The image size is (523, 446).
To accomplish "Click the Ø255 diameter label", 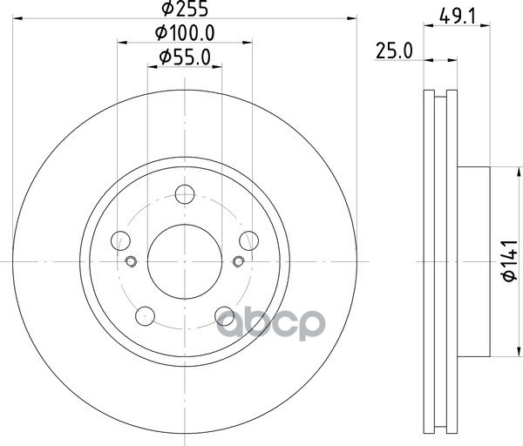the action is pyautogui.click(x=185, y=9).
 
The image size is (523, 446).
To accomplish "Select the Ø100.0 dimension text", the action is pyautogui.click(x=185, y=33).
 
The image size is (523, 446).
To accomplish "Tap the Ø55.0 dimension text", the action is pyautogui.click(x=185, y=57).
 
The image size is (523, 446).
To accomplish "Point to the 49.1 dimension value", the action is pyautogui.click(x=457, y=16).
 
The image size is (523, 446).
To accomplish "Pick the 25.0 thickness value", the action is pyautogui.click(x=394, y=51).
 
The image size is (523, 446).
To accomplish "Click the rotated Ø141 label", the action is pyautogui.click(x=510, y=260).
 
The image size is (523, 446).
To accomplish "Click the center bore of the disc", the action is pyautogui.click(x=185, y=262).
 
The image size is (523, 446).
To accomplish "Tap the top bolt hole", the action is pyautogui.click(x=185, y=194).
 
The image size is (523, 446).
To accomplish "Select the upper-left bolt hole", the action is pyautogui.click(x=120, y=240).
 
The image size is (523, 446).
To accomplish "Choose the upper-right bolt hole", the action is pyautogui.click(x=248, y=240).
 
